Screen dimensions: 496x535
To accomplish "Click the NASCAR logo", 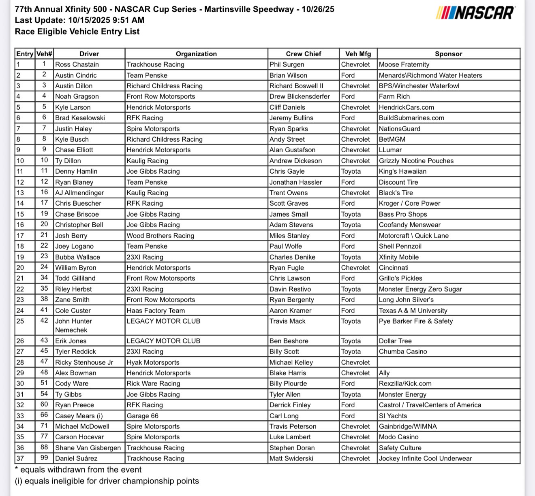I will pyautogui.click(x=475, y=13).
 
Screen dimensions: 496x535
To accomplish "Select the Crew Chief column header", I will pyautogui.click(x=303, y=54).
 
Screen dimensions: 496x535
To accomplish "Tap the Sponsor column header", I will pyautogui.click(x=448, y=54).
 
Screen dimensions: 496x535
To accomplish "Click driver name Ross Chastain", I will pyautogui.click(x=77, y=64).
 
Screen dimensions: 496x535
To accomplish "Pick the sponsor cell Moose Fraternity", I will pyautogui.click(x=404, y=64).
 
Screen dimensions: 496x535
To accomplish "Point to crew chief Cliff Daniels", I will pyautogui.click(x=287, y=107).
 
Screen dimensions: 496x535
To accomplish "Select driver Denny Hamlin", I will pyautogui.click(x=76, y=171).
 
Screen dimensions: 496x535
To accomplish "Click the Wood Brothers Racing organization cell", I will pyautogui.click(x=160, y=236).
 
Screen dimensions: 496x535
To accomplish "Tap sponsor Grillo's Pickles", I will pyautogui.click(x=400, y=278).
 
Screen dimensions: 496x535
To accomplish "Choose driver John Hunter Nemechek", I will pyautogui.click(x=74, y=325).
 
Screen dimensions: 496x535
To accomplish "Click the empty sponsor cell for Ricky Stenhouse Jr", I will pyautogui.click(x=448, y=362).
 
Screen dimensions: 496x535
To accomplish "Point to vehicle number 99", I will pyautogui.click(x=44, y=458).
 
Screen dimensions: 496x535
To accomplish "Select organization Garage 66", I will pyautogui.click(x=143, y=416).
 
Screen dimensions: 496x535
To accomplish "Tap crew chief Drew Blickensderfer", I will pyautogui.click(x=300, y=96).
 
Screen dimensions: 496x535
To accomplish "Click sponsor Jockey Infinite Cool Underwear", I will pyautogui.click(x=426, y=458).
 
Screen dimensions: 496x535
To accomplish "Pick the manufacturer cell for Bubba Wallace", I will pyautogui.click(x=351, y=257).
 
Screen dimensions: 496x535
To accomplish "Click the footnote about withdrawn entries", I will pyautogui.click(x=78, y=470).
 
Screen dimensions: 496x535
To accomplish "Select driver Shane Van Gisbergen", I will pyautogui.click(x=88, y=448).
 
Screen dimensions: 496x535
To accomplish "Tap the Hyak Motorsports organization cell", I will pyautogui.click(x=153, y=362).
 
